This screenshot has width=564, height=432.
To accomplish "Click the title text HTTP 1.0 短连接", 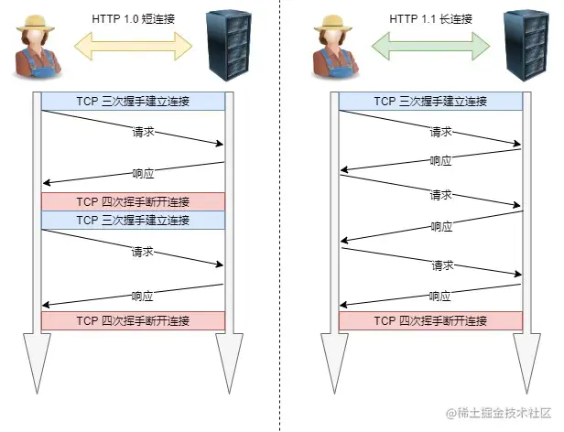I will click(x=133, y=17).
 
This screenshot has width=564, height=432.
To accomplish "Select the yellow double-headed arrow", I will click(x=133, y=42).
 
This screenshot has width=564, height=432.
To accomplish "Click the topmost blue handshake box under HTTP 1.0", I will click(x=133, y=101).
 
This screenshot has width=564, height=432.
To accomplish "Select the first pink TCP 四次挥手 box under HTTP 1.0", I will click(x=133, y=201).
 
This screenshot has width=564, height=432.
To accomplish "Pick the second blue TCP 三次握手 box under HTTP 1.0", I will click(x=133, y=220).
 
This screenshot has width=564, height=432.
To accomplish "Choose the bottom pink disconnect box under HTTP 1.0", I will click(x=133, y=320).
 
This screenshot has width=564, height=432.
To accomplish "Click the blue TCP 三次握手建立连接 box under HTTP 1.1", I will click(x=430, y=101).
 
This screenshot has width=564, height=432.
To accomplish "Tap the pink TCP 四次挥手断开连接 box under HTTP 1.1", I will click(x=430, y=320).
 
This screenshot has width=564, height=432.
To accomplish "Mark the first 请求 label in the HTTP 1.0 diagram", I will click(x=142, y=132).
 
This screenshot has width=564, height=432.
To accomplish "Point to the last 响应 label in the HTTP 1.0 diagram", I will click(x=142, y=296).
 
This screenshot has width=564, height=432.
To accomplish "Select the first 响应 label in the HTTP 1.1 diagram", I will click(x=440, y=160).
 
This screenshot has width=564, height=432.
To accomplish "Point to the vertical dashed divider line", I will click(x=281, y=229).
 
